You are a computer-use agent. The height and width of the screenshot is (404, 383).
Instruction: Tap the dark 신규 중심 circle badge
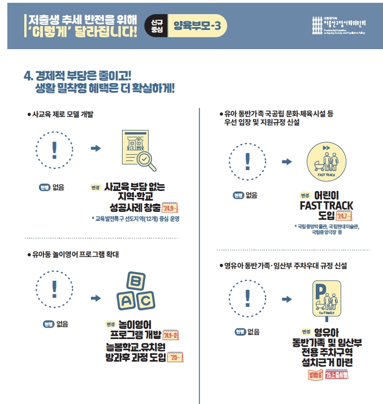pos(156,25)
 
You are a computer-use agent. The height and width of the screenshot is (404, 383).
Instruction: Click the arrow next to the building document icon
pos(96,148)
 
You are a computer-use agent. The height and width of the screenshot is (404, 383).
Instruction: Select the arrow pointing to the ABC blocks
pos(96,298)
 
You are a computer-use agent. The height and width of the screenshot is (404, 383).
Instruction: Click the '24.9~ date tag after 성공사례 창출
pos(169,207)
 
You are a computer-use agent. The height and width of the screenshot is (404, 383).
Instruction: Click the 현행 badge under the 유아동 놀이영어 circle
pos(47,324)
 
